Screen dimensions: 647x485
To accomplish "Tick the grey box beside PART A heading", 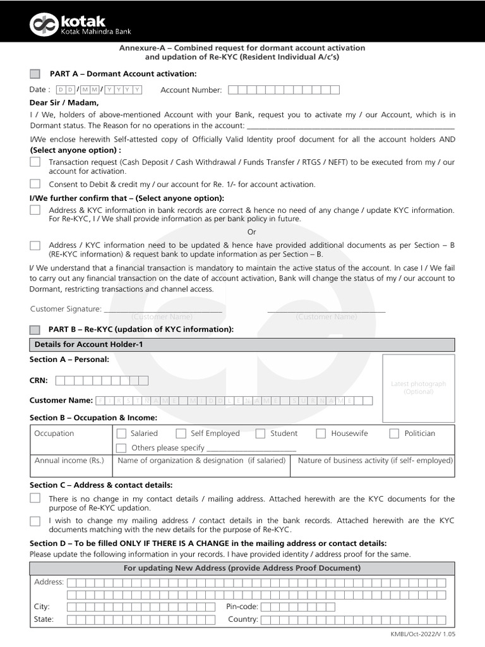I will pos(35,74).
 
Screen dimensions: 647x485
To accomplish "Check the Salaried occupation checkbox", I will pos(122,433).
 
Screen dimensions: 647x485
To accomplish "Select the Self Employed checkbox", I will pos(181,433).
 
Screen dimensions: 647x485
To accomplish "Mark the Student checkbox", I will pos(260,433).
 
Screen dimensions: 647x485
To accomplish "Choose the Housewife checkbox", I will pos(321,433).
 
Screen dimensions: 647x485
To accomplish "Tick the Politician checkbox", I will pos(394,433).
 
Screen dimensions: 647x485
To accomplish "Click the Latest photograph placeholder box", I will pos(418,387).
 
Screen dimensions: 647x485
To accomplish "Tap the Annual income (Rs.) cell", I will pos(69,461).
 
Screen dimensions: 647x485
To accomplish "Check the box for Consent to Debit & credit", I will pos(35,184).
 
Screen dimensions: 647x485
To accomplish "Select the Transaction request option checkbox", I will pos(35,162).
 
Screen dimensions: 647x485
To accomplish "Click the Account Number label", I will pos(191,90).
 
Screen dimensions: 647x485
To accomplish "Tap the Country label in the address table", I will pos(243,619).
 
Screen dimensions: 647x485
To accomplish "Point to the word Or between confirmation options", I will pos(252,232).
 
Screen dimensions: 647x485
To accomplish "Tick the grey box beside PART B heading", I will pos(35,329).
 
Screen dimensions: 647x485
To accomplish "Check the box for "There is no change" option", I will pos(35,499).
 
